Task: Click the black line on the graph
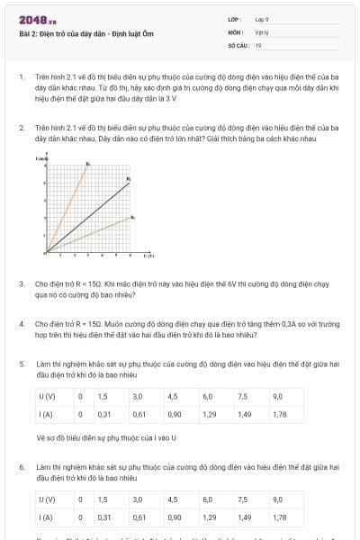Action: click(x=90, y=216)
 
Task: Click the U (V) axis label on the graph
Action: click(x=149, y=256)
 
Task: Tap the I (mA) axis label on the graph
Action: click(x=42, y=159)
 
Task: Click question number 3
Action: click(x=22, y=283)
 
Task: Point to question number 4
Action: click(x=22, y=322)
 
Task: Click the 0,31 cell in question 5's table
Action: click(x=103, y=414)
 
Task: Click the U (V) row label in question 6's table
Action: click(x=47, y=499)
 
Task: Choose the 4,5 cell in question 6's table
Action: click(x=173, y=499)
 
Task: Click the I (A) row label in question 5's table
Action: click(x=46, y=414)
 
